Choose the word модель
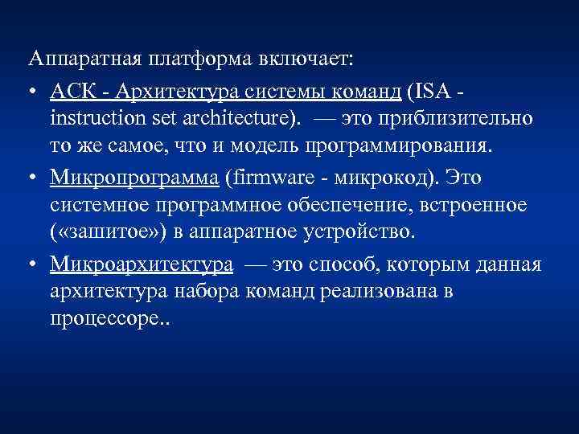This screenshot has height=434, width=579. click(x=270, y=148)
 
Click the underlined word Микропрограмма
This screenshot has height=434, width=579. click(x=132, y=177)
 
